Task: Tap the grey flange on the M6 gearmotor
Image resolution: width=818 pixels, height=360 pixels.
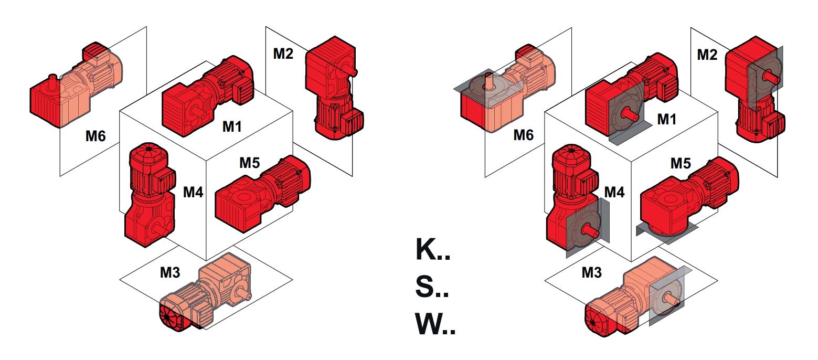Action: tap(485, 87)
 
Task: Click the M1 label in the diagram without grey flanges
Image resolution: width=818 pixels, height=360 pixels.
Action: tap(232, 126)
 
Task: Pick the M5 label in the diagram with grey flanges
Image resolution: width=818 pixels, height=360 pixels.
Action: tap(680, 164)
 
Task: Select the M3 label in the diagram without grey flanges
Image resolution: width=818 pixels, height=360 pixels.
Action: tap(169, 273)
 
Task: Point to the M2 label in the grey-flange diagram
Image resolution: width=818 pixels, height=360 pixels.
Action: tap(707, 54)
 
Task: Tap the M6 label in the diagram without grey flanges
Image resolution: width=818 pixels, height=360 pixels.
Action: tap(95, 136)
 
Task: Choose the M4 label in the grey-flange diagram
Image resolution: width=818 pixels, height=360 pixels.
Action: tap(614, 193)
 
